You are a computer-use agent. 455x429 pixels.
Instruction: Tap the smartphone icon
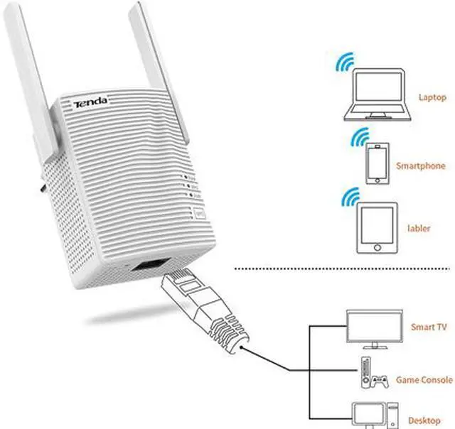click(377, 164)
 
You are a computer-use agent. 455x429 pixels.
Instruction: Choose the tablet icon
click(377, 229)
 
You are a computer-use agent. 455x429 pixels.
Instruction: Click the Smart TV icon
click(370, 327)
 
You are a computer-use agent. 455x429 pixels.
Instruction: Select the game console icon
click(370, 376)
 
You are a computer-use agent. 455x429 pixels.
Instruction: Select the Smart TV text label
click(429, 327)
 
